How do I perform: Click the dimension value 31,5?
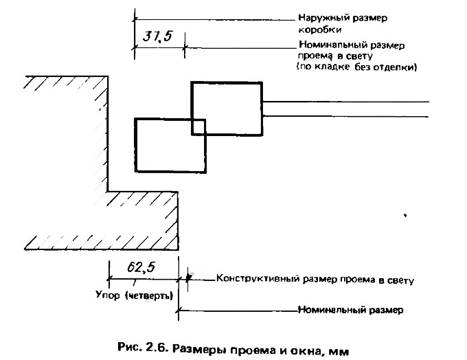157,36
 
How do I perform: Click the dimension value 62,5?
141,267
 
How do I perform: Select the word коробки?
319,30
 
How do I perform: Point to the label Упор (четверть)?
135,295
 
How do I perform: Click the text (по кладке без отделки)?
356,67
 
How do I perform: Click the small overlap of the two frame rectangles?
198,126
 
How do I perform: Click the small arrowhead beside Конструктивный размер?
188,278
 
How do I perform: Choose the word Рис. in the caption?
129,347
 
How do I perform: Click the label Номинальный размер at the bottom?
350,311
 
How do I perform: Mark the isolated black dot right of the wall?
405,215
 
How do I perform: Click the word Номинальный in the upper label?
332,45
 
